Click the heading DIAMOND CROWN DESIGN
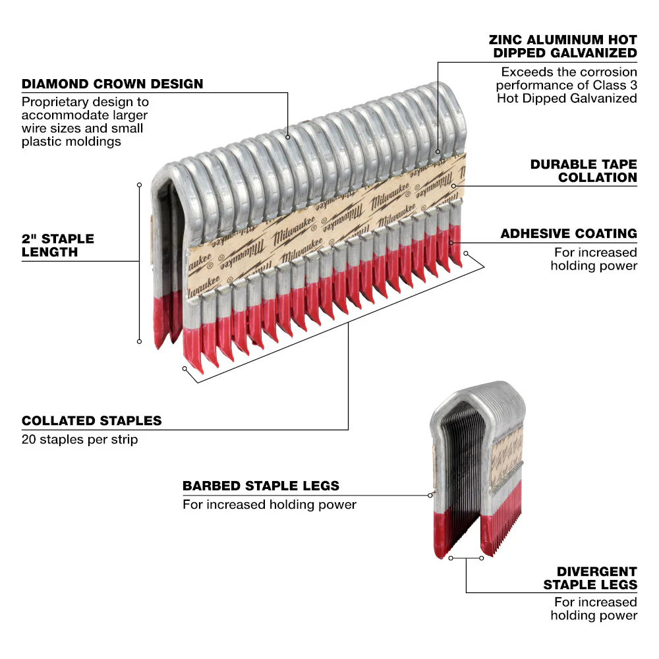point(112,84)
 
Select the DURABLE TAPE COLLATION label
point(583,170)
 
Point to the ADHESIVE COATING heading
point(568,233)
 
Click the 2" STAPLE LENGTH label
point(58,245)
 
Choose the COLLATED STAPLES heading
point(92,420)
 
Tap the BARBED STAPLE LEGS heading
point(261,486)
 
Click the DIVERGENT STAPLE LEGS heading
point(590,578)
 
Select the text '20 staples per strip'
point(80,439)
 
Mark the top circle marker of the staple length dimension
point(139,185)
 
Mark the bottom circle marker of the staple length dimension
point(139,341)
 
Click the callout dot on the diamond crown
point(289,137)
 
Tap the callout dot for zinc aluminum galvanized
point(438,152)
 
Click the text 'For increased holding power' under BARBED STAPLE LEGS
point(269,505)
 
